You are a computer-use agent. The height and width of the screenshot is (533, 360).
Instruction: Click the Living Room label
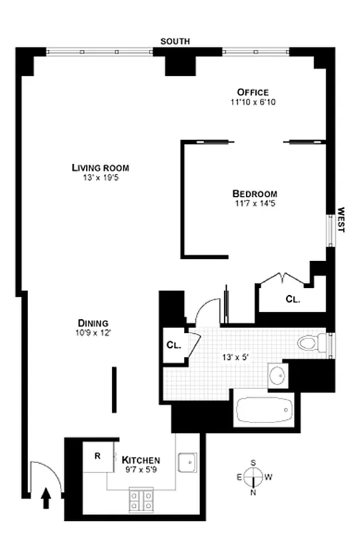point(100,168)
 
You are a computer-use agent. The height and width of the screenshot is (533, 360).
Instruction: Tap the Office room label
point(253,92)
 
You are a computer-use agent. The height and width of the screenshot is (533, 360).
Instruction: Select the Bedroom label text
point(255,194)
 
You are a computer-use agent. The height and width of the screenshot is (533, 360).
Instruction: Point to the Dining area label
point(93,322)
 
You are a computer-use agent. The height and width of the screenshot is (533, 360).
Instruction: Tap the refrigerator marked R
point(97,457)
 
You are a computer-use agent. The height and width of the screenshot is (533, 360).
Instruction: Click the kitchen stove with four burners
point(140,500)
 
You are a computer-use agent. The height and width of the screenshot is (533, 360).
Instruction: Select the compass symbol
point(253,477)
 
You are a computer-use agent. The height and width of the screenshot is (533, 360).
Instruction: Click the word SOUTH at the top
point(175,41)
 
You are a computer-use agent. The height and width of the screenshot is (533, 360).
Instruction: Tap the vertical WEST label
point(341,219)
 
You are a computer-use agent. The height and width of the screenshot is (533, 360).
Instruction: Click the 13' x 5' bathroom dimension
point(235,357)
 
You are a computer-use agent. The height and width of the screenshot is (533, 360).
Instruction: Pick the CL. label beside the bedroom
point(293,300)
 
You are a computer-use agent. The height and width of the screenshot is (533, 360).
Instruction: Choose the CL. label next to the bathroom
point(173,345)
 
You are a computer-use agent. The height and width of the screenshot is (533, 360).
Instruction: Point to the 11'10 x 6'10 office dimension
point(253,103)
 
